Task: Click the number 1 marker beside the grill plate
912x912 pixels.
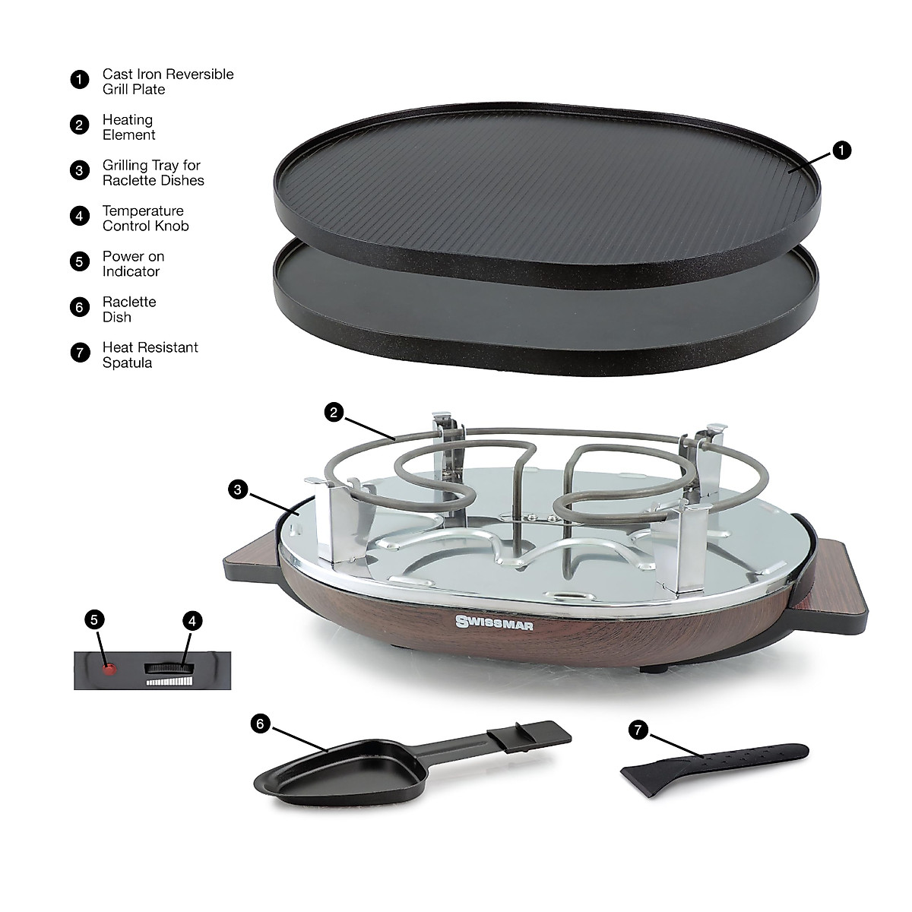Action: click(841, 150)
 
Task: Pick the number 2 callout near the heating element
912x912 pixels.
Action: click(334, 413)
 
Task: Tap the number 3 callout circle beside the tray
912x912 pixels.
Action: click(238, 490)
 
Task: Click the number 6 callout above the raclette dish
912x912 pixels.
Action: click(260, 724)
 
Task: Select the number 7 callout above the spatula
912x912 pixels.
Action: click(638, 730)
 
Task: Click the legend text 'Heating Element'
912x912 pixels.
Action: click(128, 127)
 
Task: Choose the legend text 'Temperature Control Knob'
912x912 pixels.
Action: click(145, 218)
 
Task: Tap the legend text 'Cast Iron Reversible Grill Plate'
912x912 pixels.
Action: click(167, 81)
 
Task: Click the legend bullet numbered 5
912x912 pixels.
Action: click(79, 262)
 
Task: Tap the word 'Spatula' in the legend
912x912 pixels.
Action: click(127, 363)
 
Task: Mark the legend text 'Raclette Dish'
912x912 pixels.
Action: click(128, 309)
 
